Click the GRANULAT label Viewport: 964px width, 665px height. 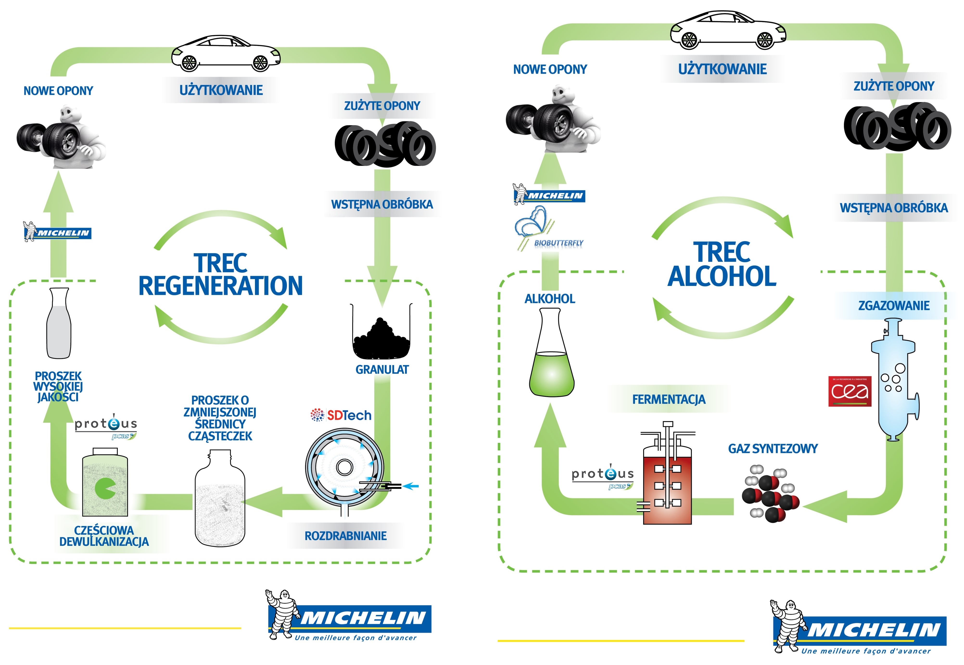[382, 370]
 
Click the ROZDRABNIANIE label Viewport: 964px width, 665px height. [346, 536]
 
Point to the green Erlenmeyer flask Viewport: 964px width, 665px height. [551, 358]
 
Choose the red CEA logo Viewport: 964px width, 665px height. [850, 391]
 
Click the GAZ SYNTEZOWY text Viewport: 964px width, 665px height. [773, 449]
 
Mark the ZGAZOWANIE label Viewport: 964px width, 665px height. [894, 306]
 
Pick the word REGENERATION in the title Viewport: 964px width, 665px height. [221, 286]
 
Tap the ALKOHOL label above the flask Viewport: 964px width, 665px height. [550, 299]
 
